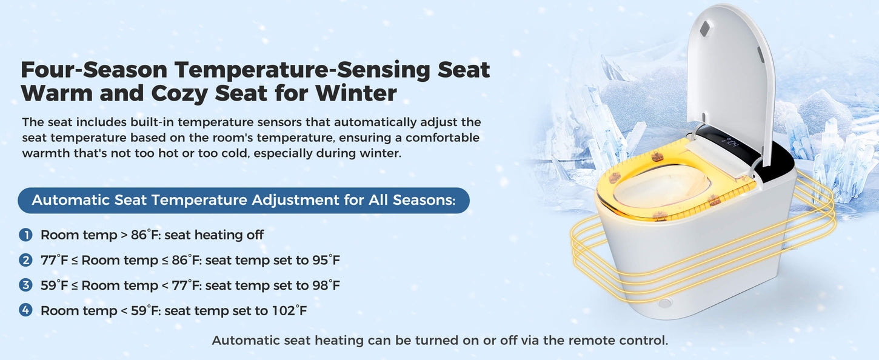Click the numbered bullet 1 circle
[x=26, y=235]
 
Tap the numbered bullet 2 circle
[x=26, y=260]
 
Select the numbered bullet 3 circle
[x=26, y=285]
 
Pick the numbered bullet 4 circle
[x=26, y=310]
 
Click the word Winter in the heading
[x=356, y=93]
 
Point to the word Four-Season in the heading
[x=94, y=70]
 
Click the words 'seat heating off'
[x=214, y=235]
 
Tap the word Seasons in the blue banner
[x=424, y=200]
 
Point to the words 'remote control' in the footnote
[x=618, y=340]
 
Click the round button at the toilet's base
[x=665, y=303]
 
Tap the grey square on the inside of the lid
[x=705, y=28]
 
